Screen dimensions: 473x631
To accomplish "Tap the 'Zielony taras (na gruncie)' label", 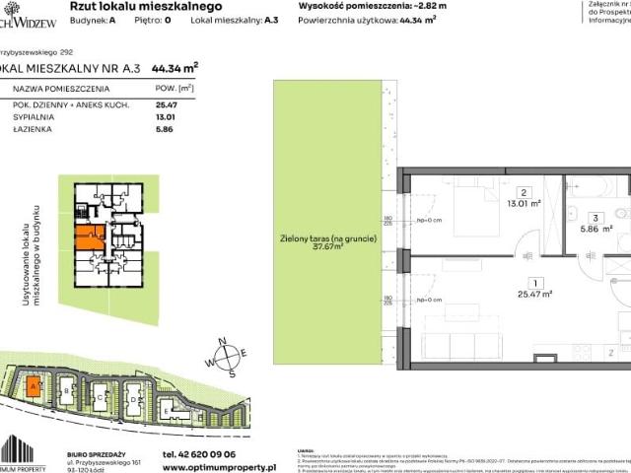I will coord(326,239).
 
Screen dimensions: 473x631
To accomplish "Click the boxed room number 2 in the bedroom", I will coord(526,192).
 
